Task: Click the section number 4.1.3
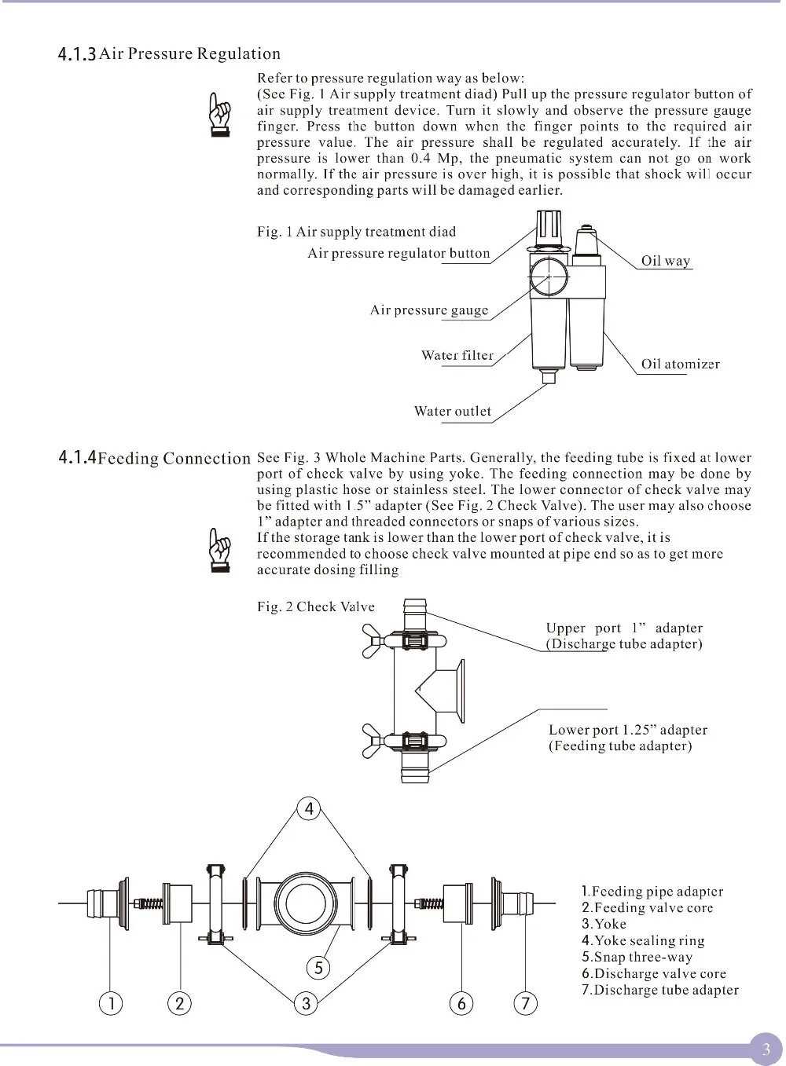click(77, 54)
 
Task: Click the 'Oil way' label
click(665, 261)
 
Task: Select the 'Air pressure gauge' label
click(429, 310)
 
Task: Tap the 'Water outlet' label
click(452, 411)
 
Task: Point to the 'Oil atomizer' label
click(680, 364)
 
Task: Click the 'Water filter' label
click(457, 355)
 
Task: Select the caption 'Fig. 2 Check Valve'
click(316, 606)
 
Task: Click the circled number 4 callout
click(310, 808)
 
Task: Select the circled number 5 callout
click(318, 968)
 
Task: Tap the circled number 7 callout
click(525, 1003)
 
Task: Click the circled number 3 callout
click(306, 1003)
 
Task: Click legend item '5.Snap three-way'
click(637, 957)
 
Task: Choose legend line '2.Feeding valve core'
click(647, 907)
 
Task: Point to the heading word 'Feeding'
click(127, 458)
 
